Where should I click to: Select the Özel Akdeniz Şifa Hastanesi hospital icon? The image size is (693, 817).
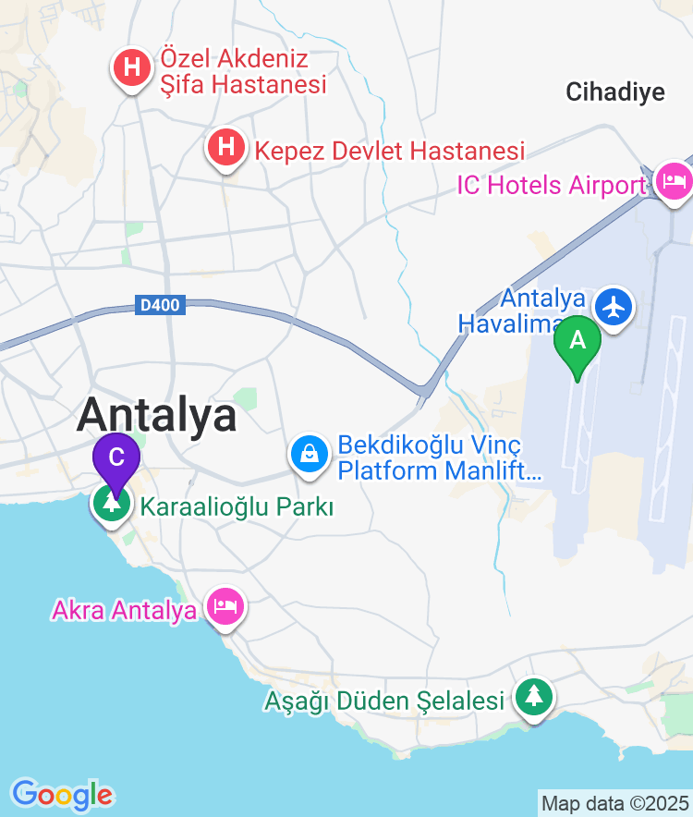tap(133, 68)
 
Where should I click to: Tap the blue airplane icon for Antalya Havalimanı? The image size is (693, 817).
tap(614, 306)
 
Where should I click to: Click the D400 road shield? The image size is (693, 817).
tap(161, 304)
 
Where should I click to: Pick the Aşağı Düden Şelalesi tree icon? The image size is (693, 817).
tap(533, 697)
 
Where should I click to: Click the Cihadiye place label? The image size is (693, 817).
tap(615, 91)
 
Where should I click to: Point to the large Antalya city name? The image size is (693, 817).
tap(157, 415)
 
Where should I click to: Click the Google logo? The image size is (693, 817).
tap(62, 794)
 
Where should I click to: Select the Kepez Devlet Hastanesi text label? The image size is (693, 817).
tap(389, 151)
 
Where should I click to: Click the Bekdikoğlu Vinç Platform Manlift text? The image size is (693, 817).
tap(438, 458)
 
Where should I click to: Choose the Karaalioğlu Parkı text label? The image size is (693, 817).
tap(236, 506)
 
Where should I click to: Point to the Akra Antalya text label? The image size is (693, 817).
tap(125, 610)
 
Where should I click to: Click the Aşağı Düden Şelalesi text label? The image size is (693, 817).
tap(383, 701)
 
